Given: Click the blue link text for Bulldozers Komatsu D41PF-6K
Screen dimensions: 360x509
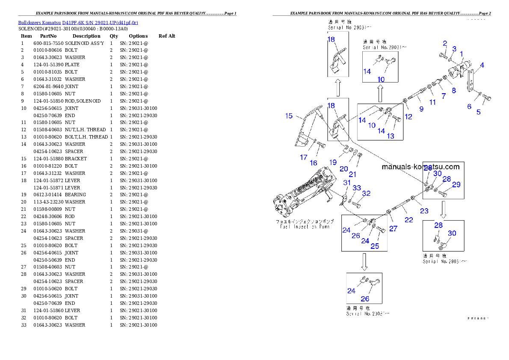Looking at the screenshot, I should [x=77, y=22].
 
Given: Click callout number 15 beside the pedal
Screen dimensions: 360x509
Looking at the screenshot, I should [x=289, y=116].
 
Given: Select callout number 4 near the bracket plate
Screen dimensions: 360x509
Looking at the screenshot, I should [x=482, y=65].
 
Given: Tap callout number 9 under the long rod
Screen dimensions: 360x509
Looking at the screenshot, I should [x=421, y=109].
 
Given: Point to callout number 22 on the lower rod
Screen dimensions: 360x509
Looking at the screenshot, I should [x=409, y=220].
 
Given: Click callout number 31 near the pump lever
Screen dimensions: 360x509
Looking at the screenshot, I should [x=347, y=183].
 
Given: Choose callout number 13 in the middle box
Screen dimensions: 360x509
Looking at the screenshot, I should [x=391, y=136].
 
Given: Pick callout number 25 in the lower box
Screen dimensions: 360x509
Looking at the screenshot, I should [x=375, y=246].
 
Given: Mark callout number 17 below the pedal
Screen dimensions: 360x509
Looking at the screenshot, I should [x=303, y=157].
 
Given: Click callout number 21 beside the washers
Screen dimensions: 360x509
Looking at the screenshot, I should [x=352, y=174].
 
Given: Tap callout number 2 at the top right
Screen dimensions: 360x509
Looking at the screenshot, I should [x=445, y=43].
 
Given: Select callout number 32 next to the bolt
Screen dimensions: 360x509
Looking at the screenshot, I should [x=366, y=193].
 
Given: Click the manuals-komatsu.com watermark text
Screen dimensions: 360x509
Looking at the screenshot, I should [x=420, y=167].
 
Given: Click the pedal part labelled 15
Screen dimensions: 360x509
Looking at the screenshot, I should [x=309, y=128].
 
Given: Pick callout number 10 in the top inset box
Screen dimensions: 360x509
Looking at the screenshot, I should [x=381, y=80].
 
